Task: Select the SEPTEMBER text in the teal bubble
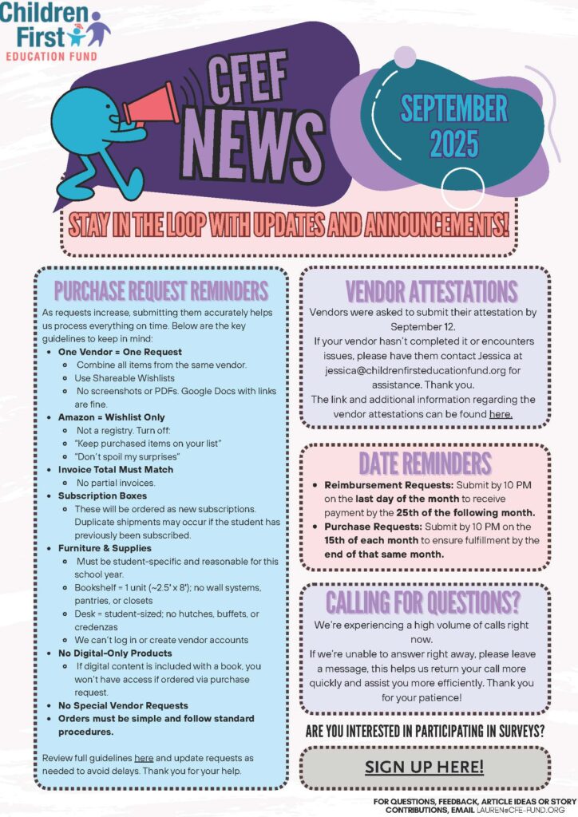(453, 109)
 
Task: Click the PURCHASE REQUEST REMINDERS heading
(160, 290)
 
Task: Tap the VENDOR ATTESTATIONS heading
(431, 291)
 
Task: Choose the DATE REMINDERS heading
(425, 463)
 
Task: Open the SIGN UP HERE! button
(424, 768)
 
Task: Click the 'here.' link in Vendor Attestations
(501, 414)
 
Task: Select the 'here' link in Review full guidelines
(144, 756)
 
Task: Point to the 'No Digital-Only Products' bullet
(114, 653)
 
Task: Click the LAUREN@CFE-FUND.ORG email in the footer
(530, 810)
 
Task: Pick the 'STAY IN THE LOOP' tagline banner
(288, 223)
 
